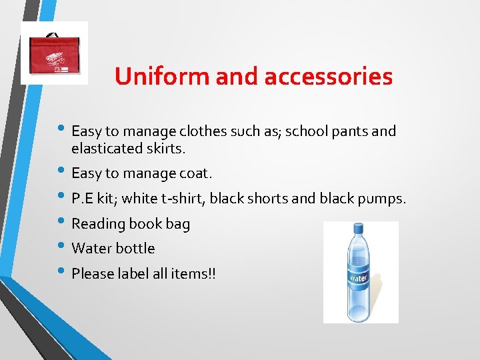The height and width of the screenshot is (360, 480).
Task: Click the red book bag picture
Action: click(x=54, y=53)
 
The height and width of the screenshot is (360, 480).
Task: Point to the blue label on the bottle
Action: click(x=359, y=276)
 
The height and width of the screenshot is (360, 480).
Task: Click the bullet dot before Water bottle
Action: click(x=61, y=247)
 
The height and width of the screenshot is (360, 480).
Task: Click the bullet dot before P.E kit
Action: click(x=61, y=197)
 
